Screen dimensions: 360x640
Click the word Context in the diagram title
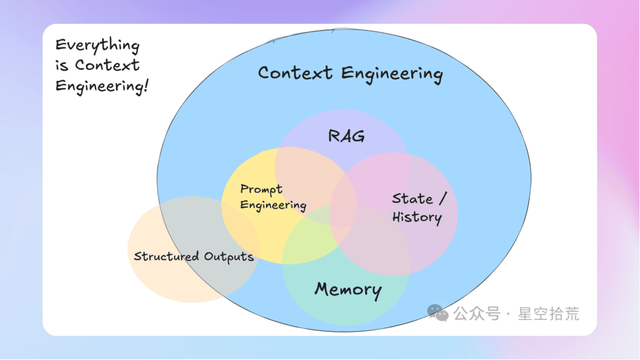click(x=295, y=73)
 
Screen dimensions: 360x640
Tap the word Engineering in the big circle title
click(x=392, y=74)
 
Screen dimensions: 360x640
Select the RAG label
click(x=346, y=136)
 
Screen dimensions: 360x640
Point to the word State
click(x=412, y=199)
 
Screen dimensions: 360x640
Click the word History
click(x=416, y=217)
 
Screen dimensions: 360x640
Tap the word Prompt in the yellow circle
click(x=261, y=189)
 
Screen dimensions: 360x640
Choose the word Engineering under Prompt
click(x=273, y=205)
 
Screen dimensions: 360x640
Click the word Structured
click(x=166, y=256)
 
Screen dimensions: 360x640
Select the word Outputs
click(x=229, y=257)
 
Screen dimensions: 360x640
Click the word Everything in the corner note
click(x=97, y=45)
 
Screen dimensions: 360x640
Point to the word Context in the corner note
click(x=107, y=65)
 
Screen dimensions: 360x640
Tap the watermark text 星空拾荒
click(x=548, y=314)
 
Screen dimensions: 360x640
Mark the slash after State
click(x=442, y=198)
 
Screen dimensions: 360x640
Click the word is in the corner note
click(x=61, y=65)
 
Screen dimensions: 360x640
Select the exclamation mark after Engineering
click(x=145, y=85)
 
